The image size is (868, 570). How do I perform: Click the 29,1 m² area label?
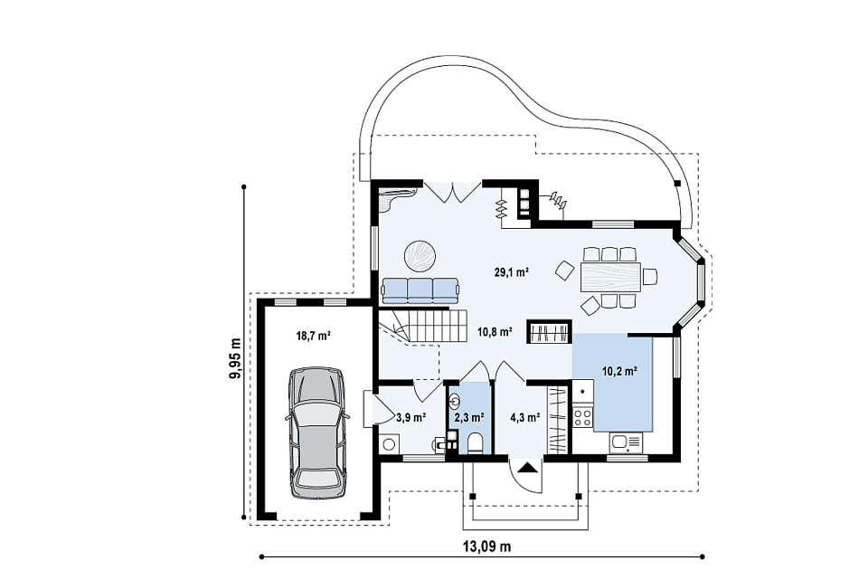point(511,272)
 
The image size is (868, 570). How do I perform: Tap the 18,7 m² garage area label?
point(314,335)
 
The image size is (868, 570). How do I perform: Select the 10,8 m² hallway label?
point(495,332)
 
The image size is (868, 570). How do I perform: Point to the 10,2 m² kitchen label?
point(618,372)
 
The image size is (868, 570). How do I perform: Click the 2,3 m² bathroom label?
point(469,417)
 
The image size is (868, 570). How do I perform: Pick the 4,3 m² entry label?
point(524,417)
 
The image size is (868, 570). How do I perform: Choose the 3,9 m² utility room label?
point(410,417)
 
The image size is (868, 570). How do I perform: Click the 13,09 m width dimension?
point(486,546)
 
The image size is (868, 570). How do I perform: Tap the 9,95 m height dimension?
point(235,358)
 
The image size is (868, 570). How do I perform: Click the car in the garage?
point(317,432)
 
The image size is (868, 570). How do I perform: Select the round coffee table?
point(420,256)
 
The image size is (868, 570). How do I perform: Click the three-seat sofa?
point(420,290)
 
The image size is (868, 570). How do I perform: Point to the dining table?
point(610,277)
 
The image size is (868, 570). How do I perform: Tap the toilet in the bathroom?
point(476,443)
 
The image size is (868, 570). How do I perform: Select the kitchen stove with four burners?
point(582,416)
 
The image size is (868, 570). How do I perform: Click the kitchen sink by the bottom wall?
point(626,443)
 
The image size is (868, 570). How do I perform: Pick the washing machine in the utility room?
point(390,443)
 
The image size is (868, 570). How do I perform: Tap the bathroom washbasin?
point(455,400)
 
